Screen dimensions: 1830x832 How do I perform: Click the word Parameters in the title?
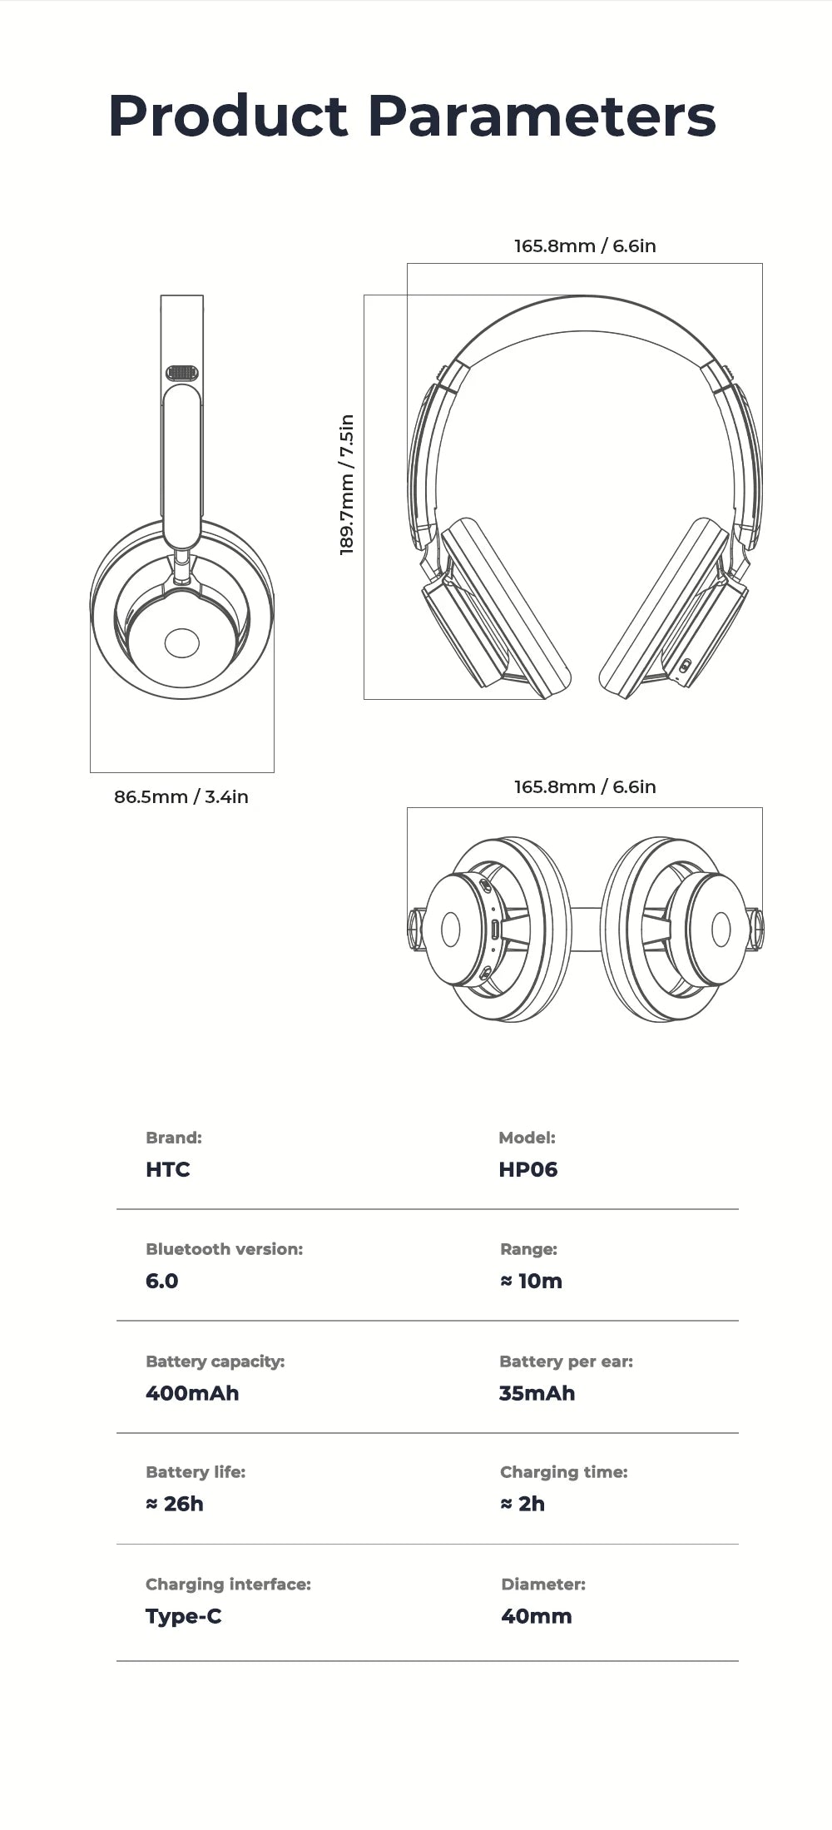[x=542, y=117]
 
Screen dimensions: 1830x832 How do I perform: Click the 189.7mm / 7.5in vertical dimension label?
[x=347, y=484]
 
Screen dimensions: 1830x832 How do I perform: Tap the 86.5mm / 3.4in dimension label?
[x=181, y=796]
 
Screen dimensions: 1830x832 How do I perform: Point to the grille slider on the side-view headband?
[x=181, y=373]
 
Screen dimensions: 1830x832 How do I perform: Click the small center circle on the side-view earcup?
[x=182, y=642]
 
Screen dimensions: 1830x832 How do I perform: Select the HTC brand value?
[x=167, y=1169]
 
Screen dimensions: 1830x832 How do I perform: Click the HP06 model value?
[x=527, y=1169]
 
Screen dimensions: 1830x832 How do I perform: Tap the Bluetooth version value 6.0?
[x=161, y=1281]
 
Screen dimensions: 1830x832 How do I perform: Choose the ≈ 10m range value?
[x=531, y=1281]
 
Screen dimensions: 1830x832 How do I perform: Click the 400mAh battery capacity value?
[x=192, y=1393]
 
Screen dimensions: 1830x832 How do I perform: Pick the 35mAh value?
[x=537, y=1393]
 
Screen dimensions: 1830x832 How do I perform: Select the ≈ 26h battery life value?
[x=175, y=1504]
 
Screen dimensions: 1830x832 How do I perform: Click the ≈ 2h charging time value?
[x=522, y=1504]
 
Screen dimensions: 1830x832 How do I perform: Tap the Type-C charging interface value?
[x=183, y=1616]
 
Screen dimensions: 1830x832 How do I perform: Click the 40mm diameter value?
[x=537, y=1616]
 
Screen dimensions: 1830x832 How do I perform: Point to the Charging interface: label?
[x=228, y=1584]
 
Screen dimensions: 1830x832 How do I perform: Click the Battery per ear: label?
[x=566, y=1361]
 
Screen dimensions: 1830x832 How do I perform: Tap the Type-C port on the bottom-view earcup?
[x=495, y=930]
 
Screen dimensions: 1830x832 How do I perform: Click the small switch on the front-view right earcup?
[x=685, y=666]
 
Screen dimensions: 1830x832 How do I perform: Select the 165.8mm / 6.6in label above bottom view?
[x=585, y=786]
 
